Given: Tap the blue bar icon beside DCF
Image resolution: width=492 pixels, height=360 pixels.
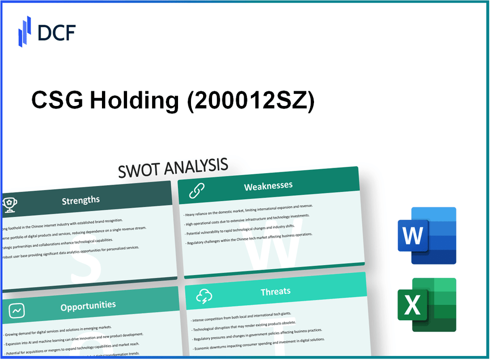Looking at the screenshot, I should click(x=25, y=31).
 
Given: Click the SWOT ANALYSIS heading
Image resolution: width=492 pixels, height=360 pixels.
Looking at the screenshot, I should click(x=173, y=167).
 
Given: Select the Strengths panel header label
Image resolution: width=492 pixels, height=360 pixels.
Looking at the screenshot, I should click(x=81, y=200).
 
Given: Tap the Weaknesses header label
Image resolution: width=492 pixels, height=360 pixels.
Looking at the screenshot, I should click(x=268, y=186).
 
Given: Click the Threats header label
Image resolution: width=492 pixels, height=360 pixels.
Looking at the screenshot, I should click(x=276, y=292).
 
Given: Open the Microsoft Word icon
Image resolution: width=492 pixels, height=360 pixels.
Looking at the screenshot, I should click(x=427, y=235).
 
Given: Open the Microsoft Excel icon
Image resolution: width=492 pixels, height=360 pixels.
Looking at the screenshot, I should click(x=427, y=305).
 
